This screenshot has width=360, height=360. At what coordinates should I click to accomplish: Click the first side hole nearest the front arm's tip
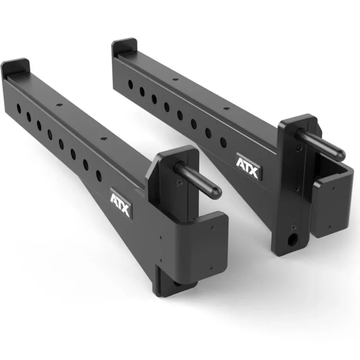pyautogui.click(x=18, y=108)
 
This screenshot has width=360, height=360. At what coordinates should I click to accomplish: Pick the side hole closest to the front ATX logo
pyautogui.click(x=98, y=175)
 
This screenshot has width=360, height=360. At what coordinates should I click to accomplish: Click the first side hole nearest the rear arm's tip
pyautogui.click(x=130, y=84)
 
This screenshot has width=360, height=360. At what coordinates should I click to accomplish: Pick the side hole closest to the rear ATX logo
pyautogui.click(x=223, y=142)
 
